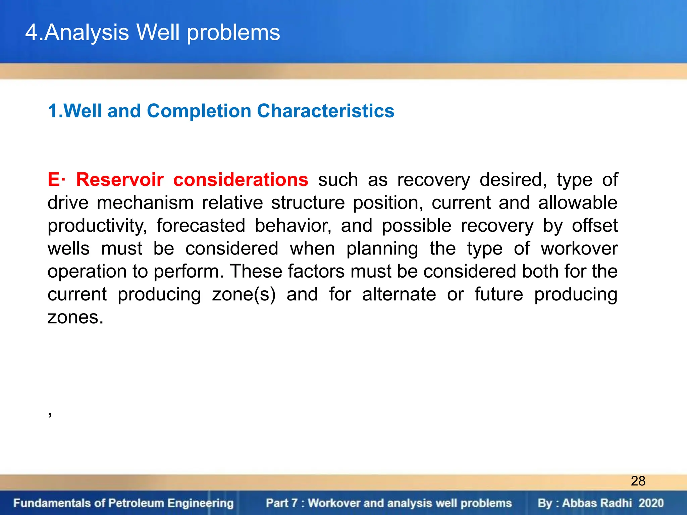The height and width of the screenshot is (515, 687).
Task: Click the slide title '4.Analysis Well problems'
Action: click(153, 33)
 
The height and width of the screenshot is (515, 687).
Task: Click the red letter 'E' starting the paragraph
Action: click(54, 180)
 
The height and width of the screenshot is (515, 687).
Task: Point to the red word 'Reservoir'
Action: click(120, 180)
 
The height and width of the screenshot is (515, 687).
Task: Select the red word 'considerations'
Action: click(241, 180)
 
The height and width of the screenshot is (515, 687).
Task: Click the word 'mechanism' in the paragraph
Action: click(145, 203)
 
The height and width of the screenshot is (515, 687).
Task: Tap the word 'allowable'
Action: click(578, 203)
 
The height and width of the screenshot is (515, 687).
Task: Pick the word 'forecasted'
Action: click(201, 226)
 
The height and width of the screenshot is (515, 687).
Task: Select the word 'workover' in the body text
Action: click(579, 249)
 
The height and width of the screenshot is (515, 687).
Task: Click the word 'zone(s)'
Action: click(244, 294)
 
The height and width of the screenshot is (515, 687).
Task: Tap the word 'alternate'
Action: click(399, 294)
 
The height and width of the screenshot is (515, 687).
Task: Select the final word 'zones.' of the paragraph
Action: click(75, 317)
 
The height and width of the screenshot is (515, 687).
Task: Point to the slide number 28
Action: click(638, 481)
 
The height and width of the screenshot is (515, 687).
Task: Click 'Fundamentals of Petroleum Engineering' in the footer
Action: click(123, 503)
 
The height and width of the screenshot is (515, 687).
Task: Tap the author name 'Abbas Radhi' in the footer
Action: click(597, 503)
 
